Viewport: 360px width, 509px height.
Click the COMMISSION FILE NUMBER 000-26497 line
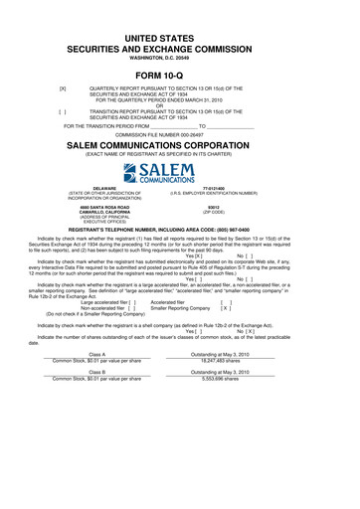[180, 133]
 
